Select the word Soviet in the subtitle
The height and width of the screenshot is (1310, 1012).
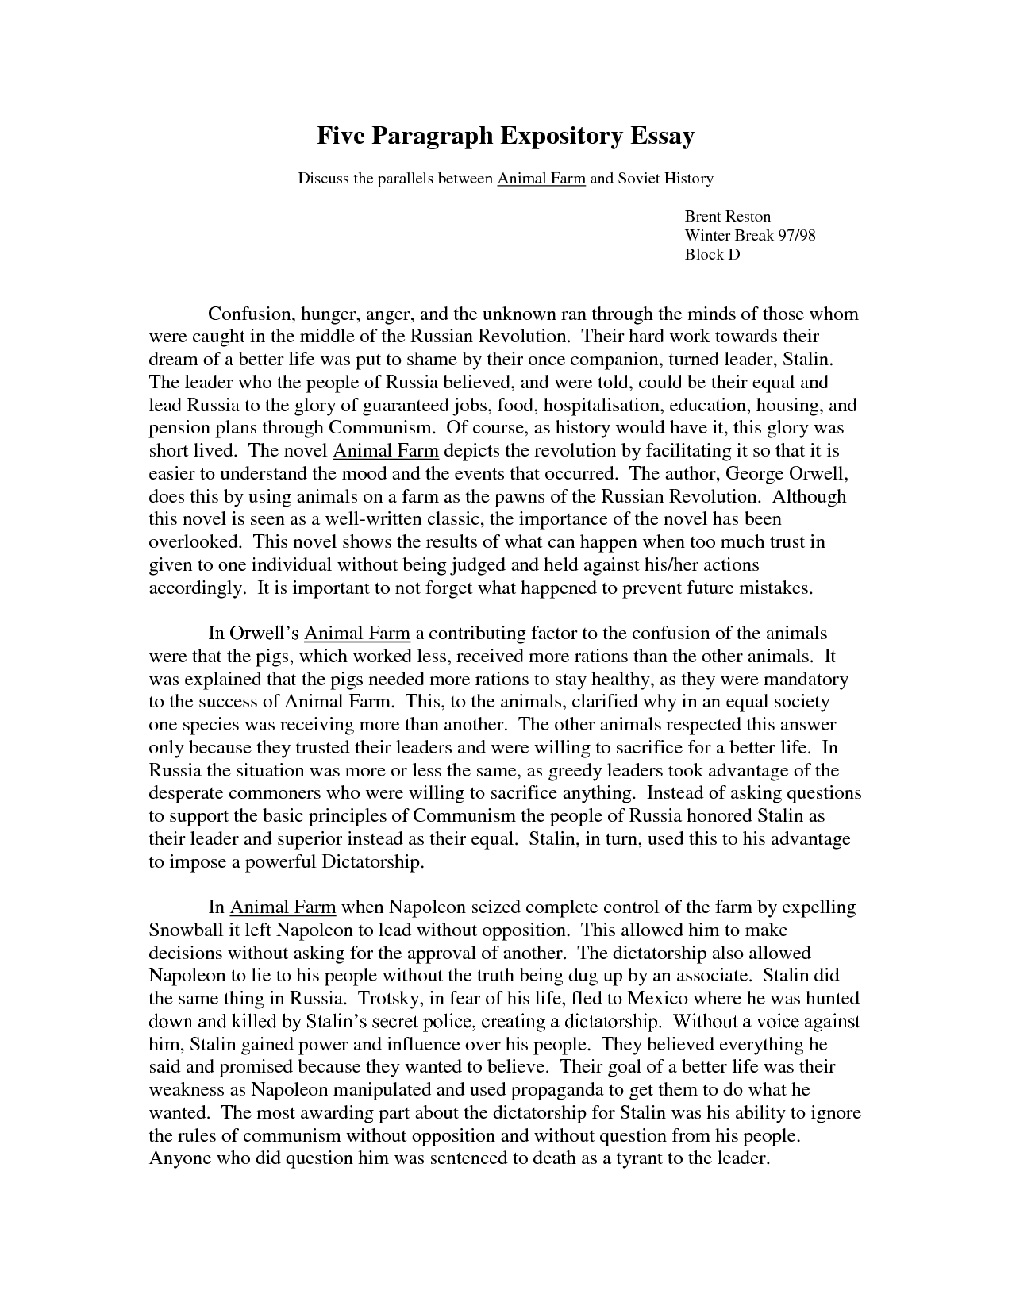click(643, 179)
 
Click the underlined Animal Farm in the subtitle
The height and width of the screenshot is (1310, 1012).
click(541, 179)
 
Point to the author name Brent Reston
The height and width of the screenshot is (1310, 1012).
click(727, 216)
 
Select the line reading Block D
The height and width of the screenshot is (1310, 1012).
click(712, 254)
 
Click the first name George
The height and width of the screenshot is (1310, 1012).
click(757, 474)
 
